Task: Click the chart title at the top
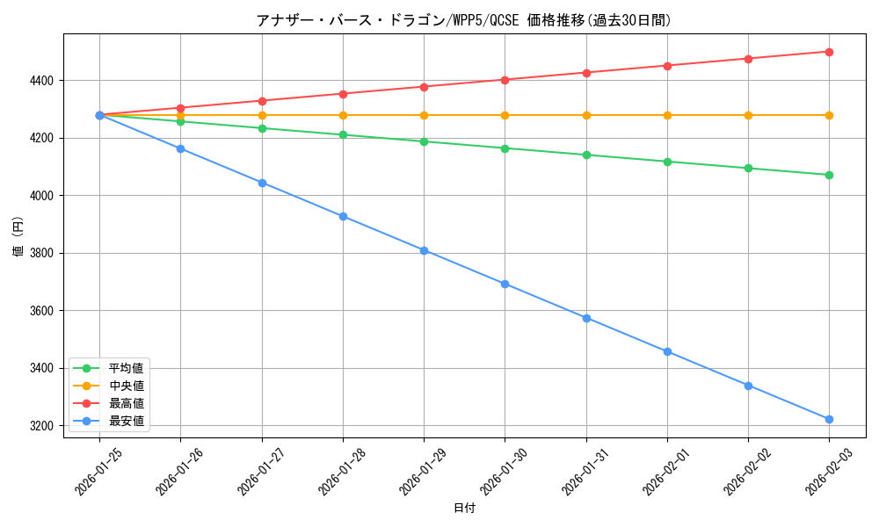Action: (x=464, y=20)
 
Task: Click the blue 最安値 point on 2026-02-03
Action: (x=829, y=420)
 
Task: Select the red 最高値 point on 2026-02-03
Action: (x=829, y=52)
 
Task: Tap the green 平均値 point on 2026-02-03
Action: (x=829, y=175)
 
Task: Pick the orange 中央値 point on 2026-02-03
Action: (x=829, y=115)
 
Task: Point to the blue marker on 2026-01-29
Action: (x=424, y=250)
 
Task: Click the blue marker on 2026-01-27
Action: (x=262, y=183)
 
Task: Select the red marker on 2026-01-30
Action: (x=505, y=80)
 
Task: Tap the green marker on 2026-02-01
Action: (x=667, y=162)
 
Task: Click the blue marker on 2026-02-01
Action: (x=667, y=351)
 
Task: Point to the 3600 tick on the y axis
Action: (x=40, y=311)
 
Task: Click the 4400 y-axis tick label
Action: (x=40, y=81)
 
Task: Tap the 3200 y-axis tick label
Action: (x=40, y=426)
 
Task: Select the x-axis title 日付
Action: (x=464, y=509)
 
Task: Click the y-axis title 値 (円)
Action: (x=18, y=238)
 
